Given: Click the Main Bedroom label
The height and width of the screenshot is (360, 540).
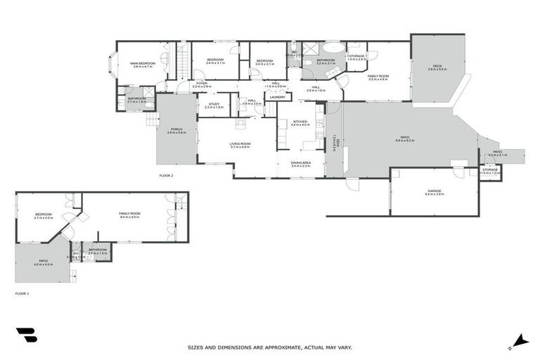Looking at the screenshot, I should (x=142, y=63).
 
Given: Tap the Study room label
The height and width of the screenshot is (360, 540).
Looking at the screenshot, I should (x=214, y=103).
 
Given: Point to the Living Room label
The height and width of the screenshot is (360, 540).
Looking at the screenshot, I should (x=240, y=143).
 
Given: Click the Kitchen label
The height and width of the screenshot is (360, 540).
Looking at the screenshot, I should (x=300, y=122).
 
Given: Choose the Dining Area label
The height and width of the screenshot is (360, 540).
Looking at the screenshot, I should (x=301, y=162).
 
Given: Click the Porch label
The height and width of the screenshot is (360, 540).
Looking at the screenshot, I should (x=176, y=129).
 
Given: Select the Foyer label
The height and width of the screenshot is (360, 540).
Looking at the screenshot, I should (x=201, y=83).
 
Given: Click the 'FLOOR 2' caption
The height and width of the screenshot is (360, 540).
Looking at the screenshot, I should (x=166, y=175).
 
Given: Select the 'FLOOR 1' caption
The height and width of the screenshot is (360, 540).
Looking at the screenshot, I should (x=22, y=292).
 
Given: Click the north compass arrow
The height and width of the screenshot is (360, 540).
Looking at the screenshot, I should (x=520, y=340).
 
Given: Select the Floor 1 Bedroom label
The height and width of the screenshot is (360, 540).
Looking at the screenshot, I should (x=44, y=214).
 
